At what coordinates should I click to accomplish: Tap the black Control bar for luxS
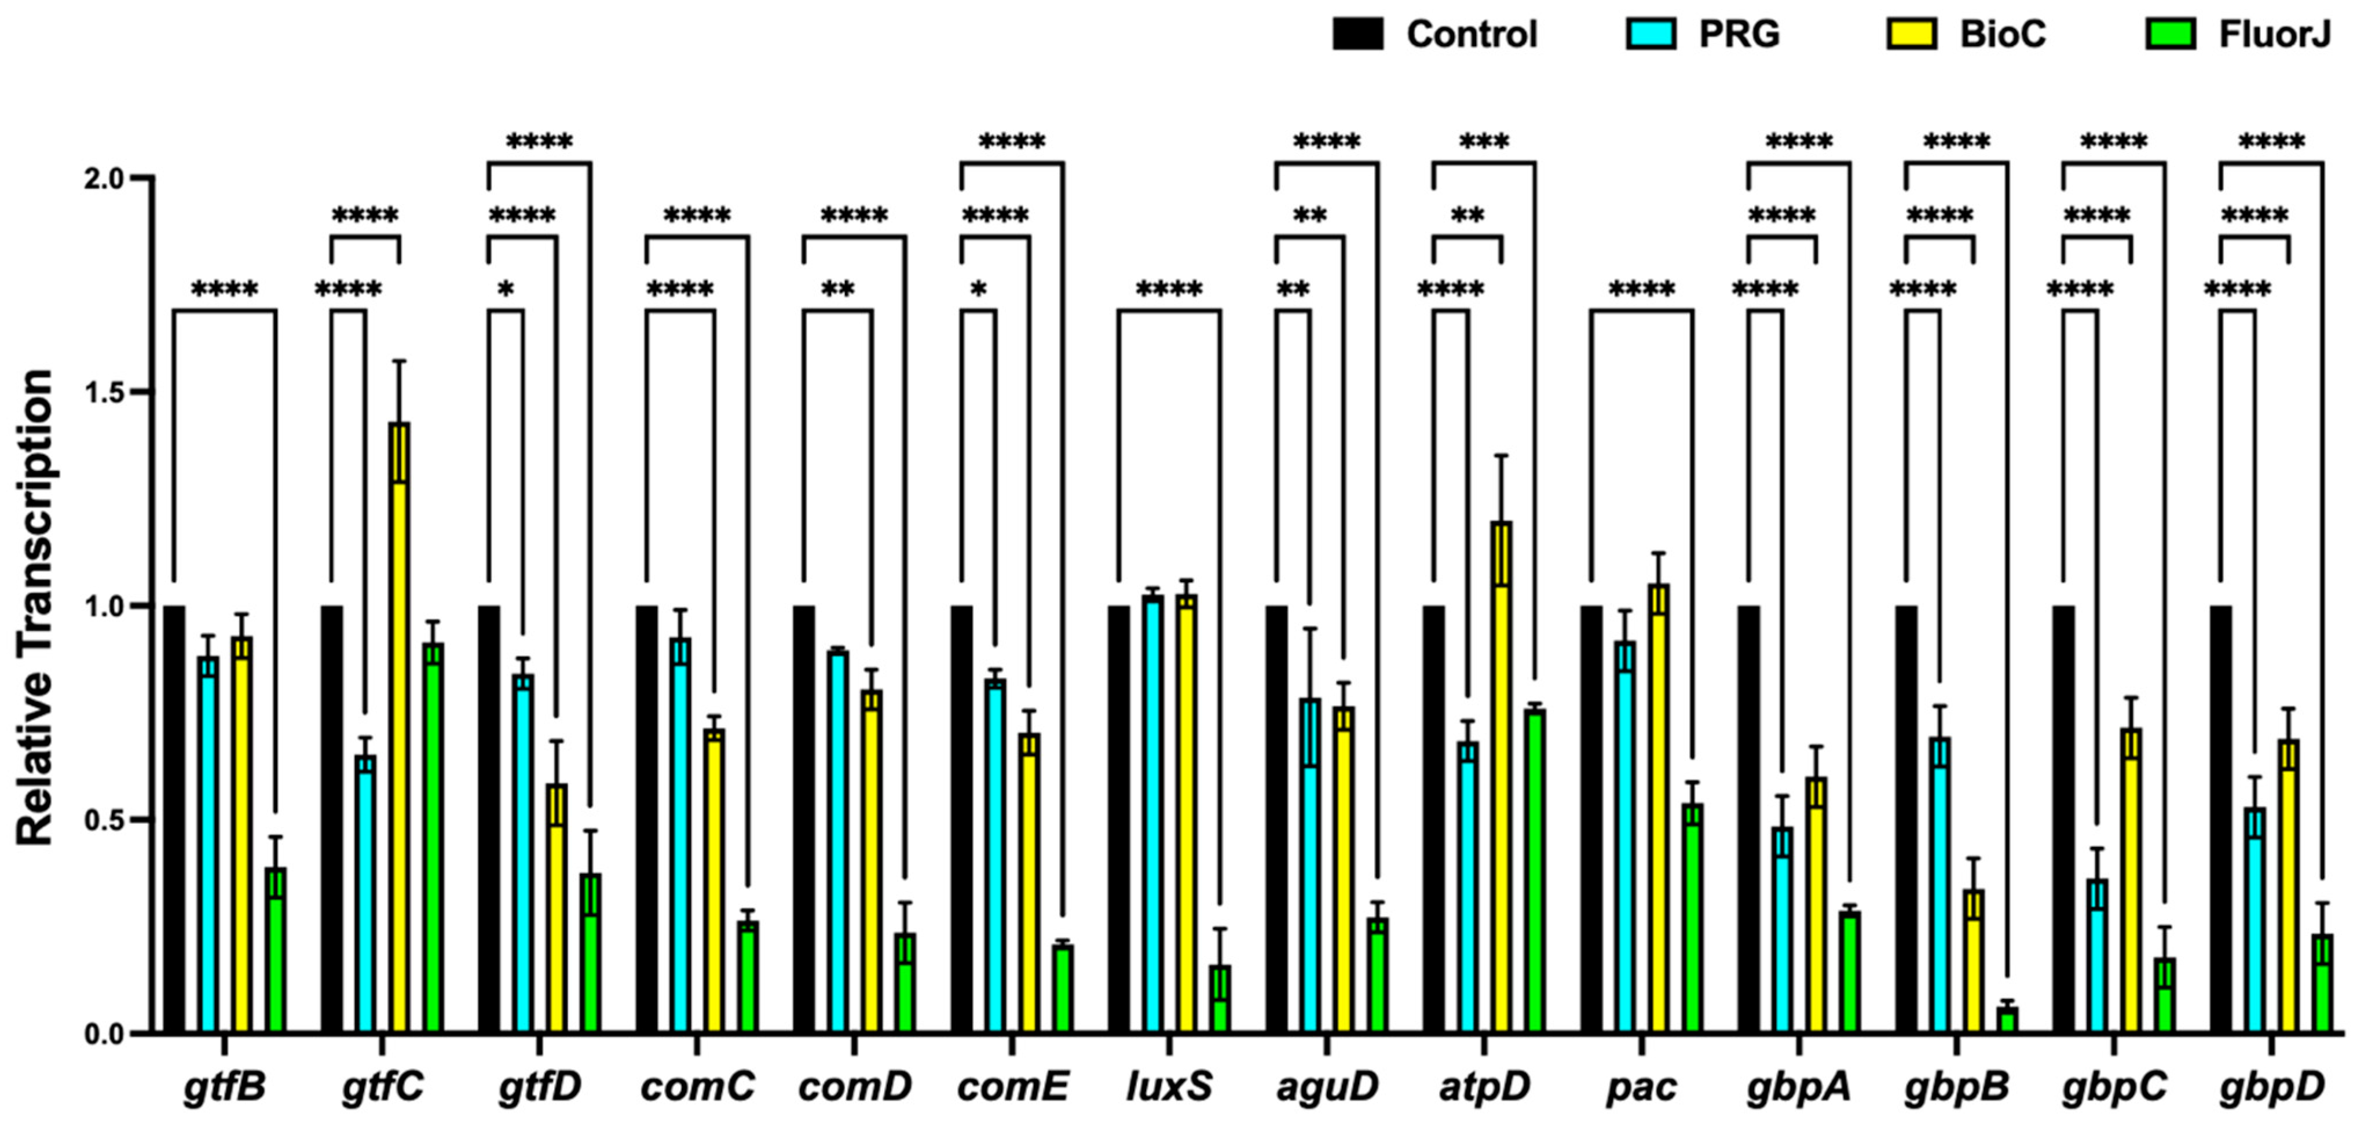point(1119,819)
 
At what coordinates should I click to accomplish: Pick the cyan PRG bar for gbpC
point(2097,956)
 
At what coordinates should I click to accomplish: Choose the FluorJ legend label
point(2274,35)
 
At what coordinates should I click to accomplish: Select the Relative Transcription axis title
point(35,607)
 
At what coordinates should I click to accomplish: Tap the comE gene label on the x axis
point(1012,1087)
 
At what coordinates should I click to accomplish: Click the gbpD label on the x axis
point(2271,1087)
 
